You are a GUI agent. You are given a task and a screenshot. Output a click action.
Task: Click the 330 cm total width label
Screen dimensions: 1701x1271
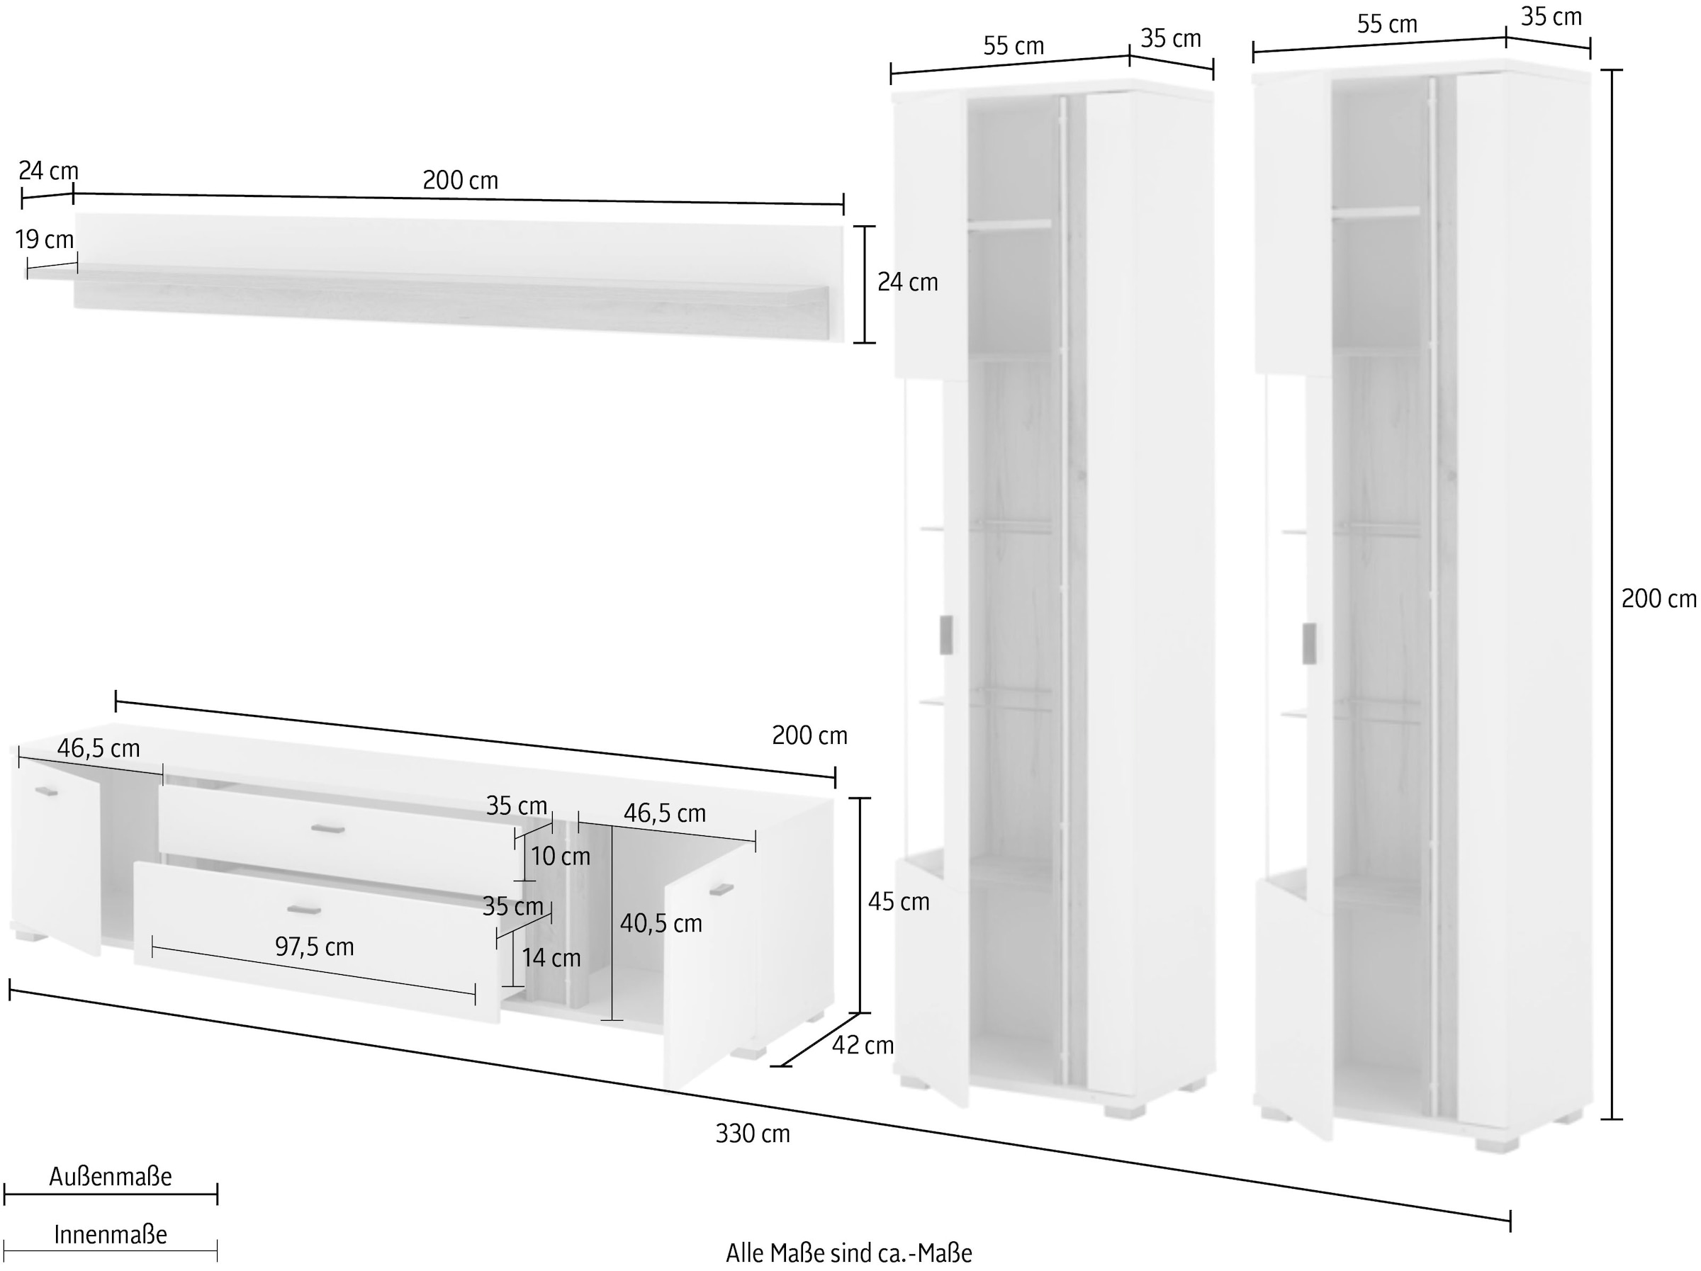752,1134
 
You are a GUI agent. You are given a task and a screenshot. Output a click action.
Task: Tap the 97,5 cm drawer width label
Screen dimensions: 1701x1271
315,947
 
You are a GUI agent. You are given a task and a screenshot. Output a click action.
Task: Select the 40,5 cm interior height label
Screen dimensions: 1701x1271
661,923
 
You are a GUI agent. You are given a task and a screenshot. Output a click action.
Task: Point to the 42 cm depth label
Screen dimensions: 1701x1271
863,1045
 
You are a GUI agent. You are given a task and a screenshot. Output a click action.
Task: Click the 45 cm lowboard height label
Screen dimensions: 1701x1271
898,901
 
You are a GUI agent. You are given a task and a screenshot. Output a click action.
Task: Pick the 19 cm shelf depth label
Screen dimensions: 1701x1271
45,240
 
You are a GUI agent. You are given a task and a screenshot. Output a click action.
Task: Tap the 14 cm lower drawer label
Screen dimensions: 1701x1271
551,958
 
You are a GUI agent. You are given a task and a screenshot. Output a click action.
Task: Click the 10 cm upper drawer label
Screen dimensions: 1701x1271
561,857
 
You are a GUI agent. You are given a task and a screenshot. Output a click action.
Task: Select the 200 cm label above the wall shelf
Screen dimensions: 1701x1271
461,181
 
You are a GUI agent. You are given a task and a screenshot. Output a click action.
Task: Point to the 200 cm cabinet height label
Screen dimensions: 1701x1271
1658,598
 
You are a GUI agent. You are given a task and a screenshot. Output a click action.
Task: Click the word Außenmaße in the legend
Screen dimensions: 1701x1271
111,1177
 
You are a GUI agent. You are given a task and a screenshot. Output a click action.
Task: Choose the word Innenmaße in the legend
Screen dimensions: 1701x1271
111,1235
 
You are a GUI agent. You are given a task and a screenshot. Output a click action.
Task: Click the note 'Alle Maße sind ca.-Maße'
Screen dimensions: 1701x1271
849,1253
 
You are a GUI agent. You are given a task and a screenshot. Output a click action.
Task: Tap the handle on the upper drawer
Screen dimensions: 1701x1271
327,828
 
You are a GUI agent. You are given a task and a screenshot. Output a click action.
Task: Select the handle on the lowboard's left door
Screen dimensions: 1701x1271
47,791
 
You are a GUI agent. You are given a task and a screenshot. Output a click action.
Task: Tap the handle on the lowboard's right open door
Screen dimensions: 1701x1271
722,890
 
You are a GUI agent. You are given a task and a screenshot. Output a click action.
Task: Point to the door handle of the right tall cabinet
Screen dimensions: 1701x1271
1309,643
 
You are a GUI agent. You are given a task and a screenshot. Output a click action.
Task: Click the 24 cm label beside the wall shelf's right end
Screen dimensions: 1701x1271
908,283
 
